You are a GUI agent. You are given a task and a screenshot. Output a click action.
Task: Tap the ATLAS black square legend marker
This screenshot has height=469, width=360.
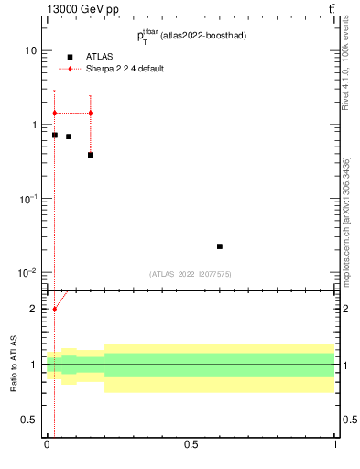pos(70,57)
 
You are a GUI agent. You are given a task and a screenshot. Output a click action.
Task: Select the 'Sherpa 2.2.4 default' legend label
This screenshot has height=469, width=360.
pos(125,69)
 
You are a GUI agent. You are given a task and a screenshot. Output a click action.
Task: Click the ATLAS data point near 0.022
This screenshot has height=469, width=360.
pos(220,246)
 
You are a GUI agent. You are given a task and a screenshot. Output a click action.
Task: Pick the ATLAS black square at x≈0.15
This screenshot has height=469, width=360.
pos(90,155)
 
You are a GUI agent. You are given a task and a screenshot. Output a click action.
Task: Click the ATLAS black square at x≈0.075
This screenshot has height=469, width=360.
pos(69,136)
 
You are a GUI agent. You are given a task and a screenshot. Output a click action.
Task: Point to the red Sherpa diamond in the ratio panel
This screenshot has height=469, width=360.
pos(54,309)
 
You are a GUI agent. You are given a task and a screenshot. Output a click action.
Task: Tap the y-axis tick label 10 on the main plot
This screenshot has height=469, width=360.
pos(30,51)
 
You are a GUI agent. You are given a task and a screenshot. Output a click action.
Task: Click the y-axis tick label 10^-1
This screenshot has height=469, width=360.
pos(28,199)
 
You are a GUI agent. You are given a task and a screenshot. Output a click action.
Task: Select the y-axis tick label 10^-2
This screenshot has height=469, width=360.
pos(28,273)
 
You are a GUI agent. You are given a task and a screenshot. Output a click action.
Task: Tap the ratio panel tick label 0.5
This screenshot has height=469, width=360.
pos(29,420)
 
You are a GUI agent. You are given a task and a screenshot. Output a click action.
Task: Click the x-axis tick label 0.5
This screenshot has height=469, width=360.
pos(191,446)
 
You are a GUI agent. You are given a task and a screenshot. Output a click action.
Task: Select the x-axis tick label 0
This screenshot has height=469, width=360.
pos(47,446)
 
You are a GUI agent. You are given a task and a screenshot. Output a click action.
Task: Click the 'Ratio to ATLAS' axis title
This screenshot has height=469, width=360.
pos(14,364)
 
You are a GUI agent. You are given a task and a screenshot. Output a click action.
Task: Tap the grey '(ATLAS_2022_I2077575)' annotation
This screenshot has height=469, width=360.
pos(191,273)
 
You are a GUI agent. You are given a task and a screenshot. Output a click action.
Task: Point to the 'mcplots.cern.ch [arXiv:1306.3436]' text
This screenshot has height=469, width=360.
pos(345,220)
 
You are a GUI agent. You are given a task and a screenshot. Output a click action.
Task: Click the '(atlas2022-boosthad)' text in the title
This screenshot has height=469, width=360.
pos(201,36)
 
